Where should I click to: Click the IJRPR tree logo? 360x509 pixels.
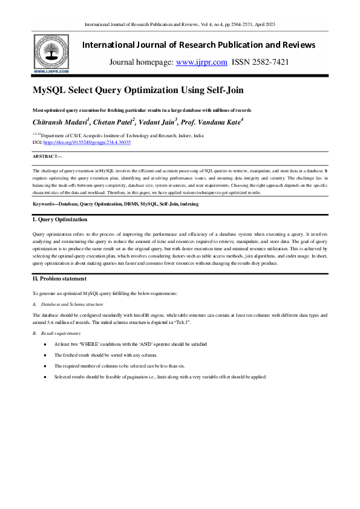(x=50, y=53)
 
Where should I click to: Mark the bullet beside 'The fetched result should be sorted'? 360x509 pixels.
(x=45, y=355)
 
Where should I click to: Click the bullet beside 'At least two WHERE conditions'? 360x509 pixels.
(x=45, y=344)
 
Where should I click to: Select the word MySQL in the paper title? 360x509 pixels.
(x=50, y=91)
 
